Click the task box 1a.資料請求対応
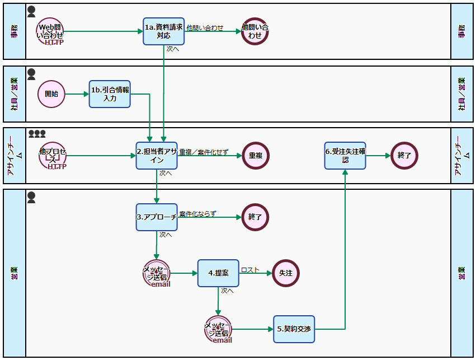tap(163, 31)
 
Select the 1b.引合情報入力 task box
tap(110, 93)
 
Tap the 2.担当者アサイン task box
tap(157, 155)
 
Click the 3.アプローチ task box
tap(157, 217)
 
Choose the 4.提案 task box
tap(218, 273)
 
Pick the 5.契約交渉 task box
tap(294, 329)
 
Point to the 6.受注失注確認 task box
tap(345, 155)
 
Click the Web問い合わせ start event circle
tap(50, 31)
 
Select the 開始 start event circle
tap(51, 93)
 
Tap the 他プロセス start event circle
tap(53, 155)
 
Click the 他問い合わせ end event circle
tap(255, 31)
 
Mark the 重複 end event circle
tap(256, 155)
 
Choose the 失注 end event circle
tap(286, 273)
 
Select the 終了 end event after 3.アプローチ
tap(255, 217)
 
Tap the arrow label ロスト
tap(250, 270)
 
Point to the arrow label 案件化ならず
tap(197, 214)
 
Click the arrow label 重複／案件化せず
tap(204, 152)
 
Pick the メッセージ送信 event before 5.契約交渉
tap(218, 329)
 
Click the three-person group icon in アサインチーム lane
tap(37, 134)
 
